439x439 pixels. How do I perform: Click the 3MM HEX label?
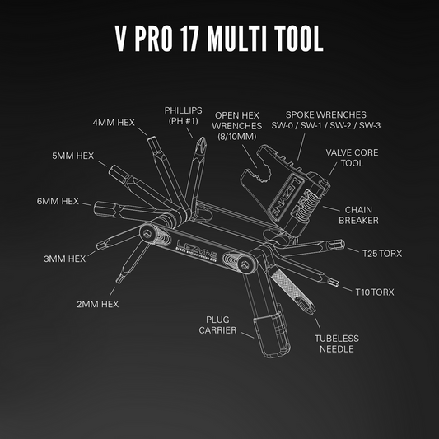coord(63,259)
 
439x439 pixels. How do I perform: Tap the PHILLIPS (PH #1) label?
coord(183,116)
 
